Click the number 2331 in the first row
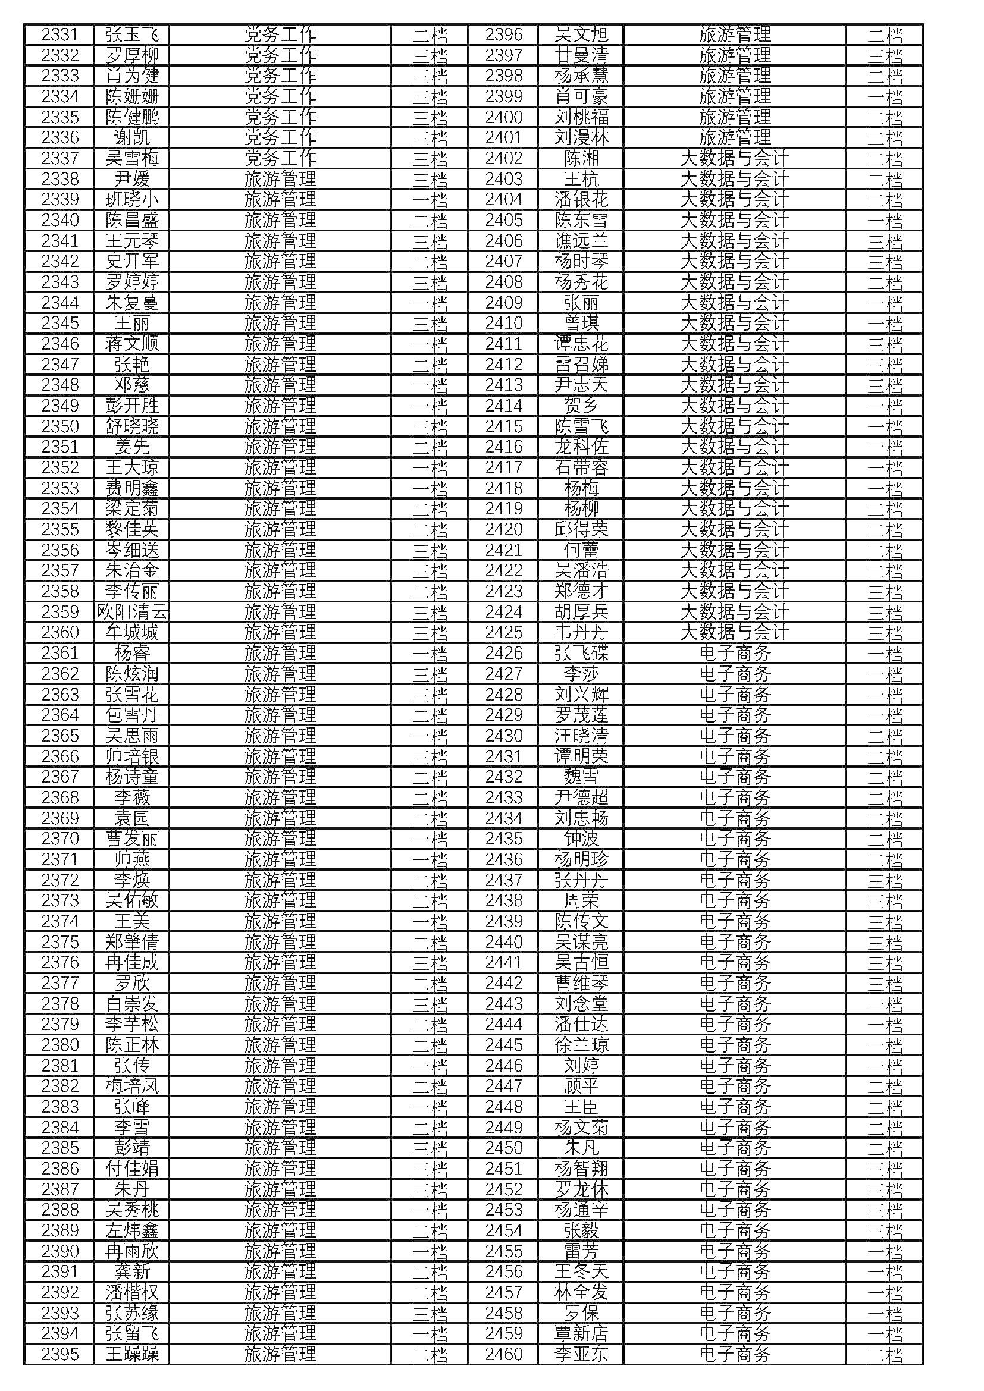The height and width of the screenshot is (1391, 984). tap(60, 34)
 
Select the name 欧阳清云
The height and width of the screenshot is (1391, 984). tap(131, 612)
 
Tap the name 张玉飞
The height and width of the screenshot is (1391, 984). tap(131, 34)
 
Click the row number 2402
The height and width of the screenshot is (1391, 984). tap(503, 159)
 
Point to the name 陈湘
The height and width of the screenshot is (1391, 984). tap(581, 159)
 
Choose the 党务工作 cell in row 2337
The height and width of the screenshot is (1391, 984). tap(280, 159)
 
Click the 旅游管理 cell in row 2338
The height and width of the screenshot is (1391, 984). tap(280, 180)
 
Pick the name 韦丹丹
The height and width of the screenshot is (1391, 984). tap(581, 633)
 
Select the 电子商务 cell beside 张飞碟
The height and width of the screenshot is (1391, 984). tap(734, 653)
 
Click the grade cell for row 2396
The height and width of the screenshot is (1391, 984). tap(884, 34)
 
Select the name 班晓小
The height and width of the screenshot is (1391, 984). tap(131, 200)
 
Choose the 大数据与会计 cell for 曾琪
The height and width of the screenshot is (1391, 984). tap(734, 324)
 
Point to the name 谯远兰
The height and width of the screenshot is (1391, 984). tap(581, 241)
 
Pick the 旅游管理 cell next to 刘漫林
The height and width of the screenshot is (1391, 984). tap(734, 137)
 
